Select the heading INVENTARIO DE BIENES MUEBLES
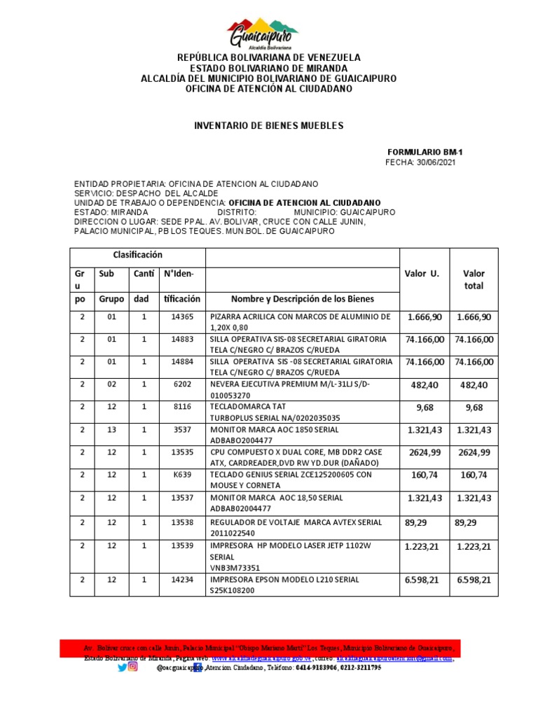click(269, 125)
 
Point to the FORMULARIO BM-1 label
click(425, 152)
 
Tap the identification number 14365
click(181, 317)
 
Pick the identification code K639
click(181, 475)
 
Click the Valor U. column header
click(422, 274)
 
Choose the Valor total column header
click(474, 279)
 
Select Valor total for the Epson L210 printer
click(474, 580)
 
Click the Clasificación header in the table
click(137, 255)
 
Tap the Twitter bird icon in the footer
click(123, 667)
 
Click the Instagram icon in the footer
click(133, 667)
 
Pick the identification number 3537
click(181, 430)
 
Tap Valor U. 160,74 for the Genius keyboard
click(423, 475)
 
